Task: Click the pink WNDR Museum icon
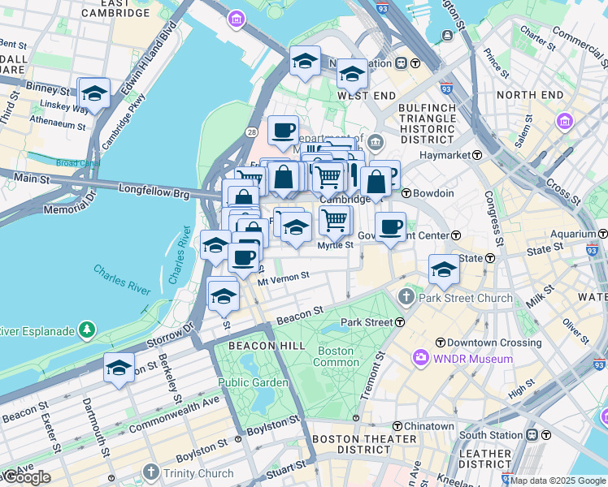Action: click(421, 358)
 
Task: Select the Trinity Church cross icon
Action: click(150, 472)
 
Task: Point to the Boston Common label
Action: click(336, 356)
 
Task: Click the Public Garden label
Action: click(252, 382)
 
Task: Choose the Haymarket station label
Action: click(441, 154)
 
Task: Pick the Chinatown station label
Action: click(429, 426)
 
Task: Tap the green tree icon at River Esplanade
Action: click(85, 330)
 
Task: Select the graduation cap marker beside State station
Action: click(444, 269)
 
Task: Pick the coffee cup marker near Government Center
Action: click(390, 227)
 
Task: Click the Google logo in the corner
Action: click(26, 477)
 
